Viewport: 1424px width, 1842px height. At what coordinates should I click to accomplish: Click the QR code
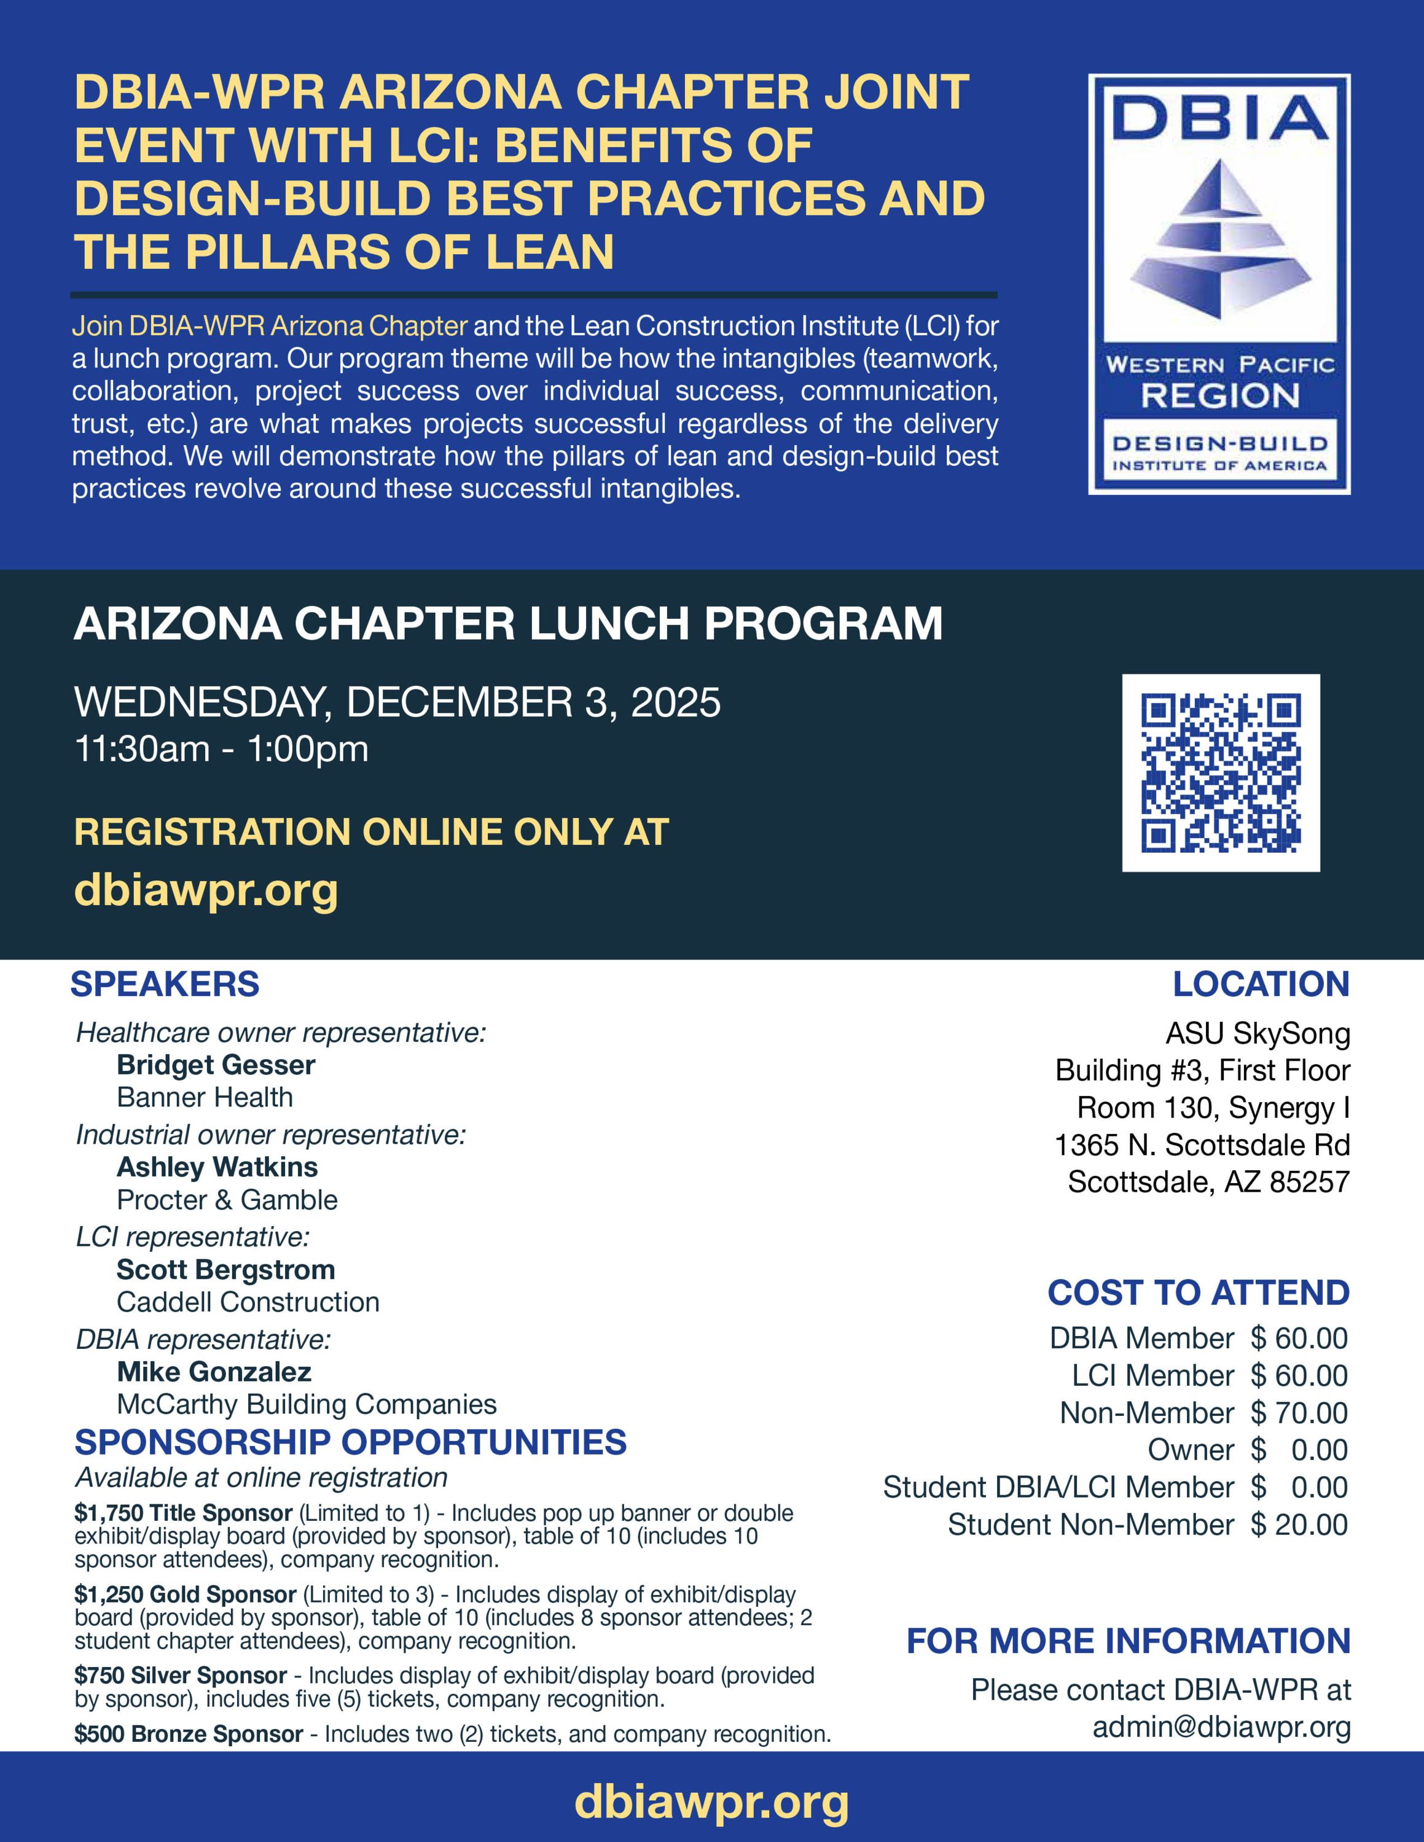(x=1221, y=772)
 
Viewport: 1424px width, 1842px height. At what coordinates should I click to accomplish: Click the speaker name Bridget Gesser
(x=216, y=1065)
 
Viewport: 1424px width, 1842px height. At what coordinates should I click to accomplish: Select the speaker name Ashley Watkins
(x=217, y=1167)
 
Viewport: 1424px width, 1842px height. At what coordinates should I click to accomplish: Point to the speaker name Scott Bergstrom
(x=225, y=1269)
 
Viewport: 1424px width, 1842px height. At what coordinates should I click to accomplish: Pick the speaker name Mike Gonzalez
(x=214, y=1372)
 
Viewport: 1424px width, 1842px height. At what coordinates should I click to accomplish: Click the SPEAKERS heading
(x=165, y=984)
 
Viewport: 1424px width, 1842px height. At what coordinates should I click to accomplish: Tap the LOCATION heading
(x=1261, y=984)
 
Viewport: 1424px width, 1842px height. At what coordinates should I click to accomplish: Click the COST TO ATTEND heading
(x=1198, y=1293)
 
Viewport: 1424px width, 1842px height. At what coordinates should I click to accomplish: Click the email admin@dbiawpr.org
(x=1221, y=1727)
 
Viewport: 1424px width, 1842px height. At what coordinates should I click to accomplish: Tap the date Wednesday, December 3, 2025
(x=397, y=702)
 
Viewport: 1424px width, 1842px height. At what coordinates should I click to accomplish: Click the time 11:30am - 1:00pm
(x=222, y=749)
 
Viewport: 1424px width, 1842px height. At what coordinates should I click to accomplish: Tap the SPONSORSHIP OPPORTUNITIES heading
(x=350, y=1442)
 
